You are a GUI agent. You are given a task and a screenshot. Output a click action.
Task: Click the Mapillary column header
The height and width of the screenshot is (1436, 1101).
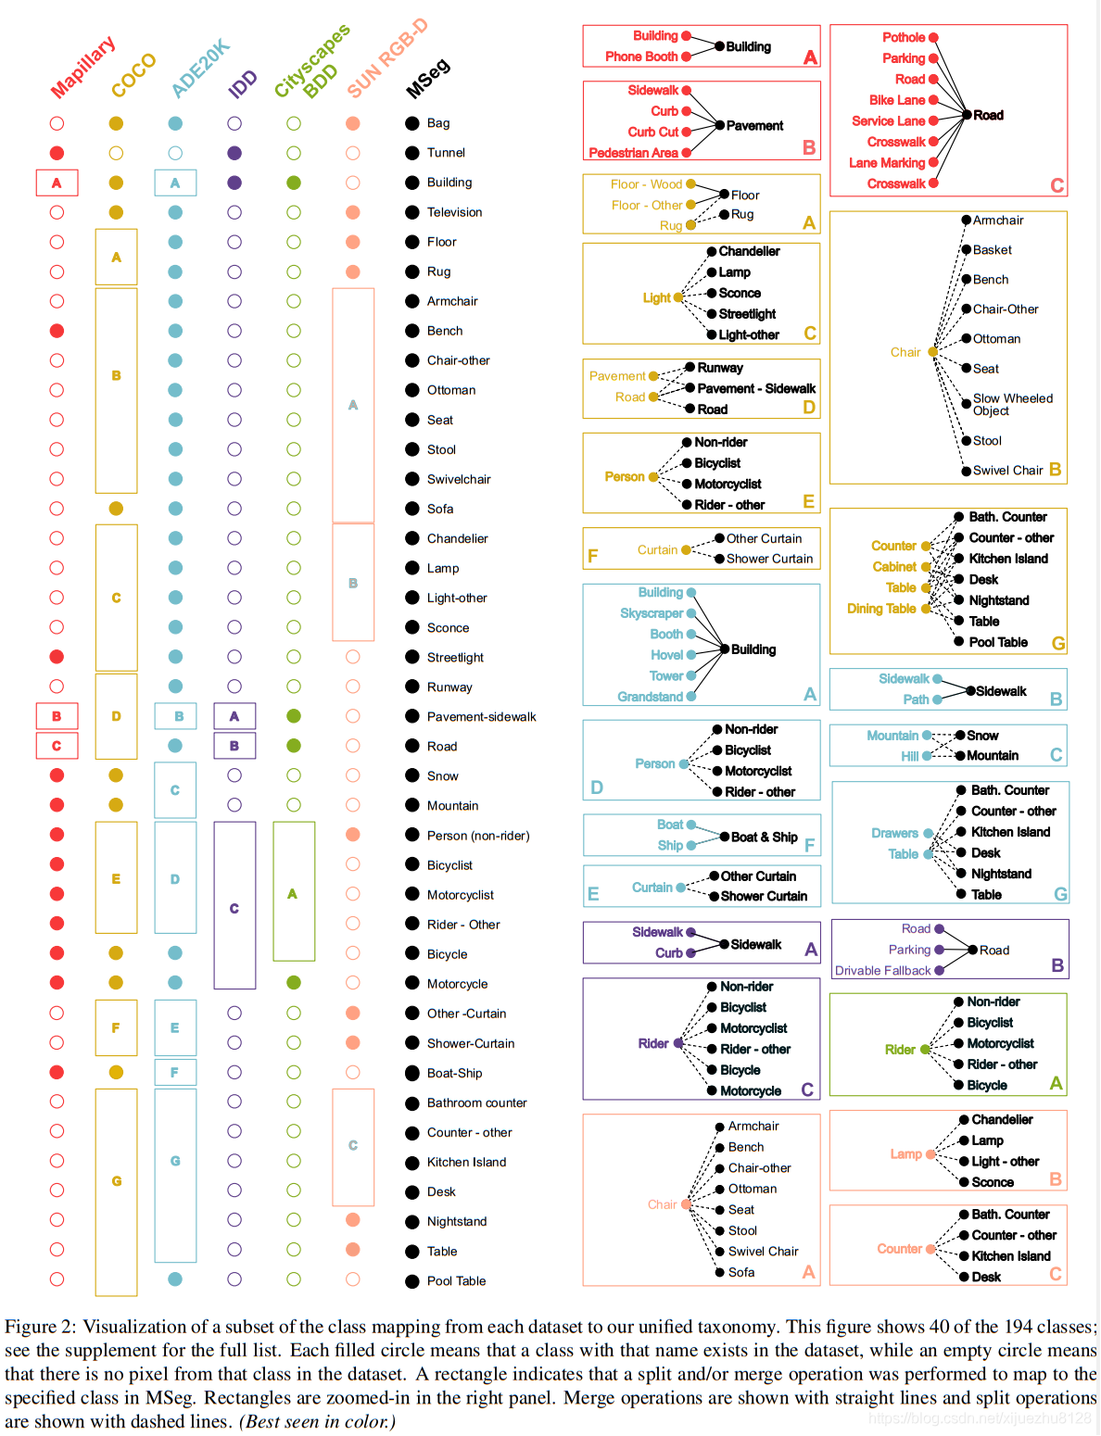(82, 67)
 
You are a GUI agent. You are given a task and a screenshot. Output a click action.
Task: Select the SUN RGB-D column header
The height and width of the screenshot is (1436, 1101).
(387, 57)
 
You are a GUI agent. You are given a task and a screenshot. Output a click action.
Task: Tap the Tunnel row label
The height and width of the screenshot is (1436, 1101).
(446, 153)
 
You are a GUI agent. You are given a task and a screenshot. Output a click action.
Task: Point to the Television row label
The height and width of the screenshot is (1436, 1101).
(454, 212)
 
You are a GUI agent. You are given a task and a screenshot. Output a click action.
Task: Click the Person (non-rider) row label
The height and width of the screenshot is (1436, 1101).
(477, 836)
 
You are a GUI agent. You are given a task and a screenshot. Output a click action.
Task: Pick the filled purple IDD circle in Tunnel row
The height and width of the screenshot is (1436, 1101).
(234, 153)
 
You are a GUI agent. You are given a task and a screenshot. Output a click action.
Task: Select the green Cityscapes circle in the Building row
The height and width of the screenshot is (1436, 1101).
(294, 183)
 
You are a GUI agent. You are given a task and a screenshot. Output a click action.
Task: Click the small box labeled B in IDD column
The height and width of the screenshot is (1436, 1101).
(234, 746)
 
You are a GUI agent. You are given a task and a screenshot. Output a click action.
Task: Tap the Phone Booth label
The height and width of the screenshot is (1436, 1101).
(641, 57)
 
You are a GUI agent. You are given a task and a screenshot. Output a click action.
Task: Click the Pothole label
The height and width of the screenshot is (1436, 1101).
(903, 37)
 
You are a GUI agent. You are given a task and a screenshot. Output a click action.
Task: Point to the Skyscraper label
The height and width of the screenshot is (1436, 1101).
(652, 613)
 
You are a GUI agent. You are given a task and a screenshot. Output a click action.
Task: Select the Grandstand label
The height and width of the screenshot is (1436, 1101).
(650, 697)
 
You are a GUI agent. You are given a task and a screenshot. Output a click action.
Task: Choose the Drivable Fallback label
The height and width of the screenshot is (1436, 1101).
(882, 971)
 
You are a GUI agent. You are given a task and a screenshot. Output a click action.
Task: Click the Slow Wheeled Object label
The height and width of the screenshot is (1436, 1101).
(1012, 404)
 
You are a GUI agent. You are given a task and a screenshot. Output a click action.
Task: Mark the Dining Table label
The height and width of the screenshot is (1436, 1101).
(881, 609)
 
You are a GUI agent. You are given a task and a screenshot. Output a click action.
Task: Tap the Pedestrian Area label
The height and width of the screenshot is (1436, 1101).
(633, 153)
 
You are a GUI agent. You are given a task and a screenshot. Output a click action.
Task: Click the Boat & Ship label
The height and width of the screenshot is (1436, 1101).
(764, 838)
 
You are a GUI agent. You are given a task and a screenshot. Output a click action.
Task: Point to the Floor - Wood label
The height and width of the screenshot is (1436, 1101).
(646, 184)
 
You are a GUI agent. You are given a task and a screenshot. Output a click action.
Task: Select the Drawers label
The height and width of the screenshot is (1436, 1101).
(894, 834)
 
